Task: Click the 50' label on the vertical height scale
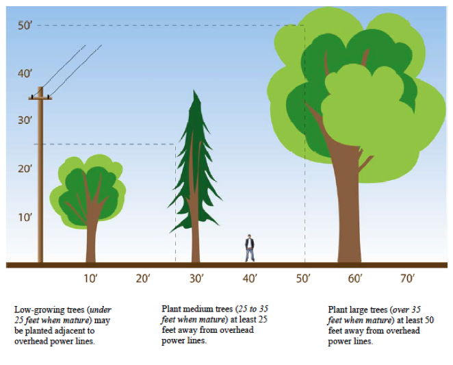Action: tap(25, 26)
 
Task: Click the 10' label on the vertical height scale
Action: tap(25, 218)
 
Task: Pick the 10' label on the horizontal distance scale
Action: tap(90, 279)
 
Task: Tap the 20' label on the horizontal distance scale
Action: tap(143, 279)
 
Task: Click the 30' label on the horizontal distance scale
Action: tap(197, 279)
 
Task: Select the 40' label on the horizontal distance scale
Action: tap(250, 279)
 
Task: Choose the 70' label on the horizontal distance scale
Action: tap(408, 279)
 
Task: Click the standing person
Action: tap(250, 248)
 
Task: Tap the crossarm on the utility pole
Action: tap(40, 98)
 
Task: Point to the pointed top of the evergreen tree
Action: tap(197, 92)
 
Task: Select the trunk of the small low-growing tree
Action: tap(90, 240)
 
